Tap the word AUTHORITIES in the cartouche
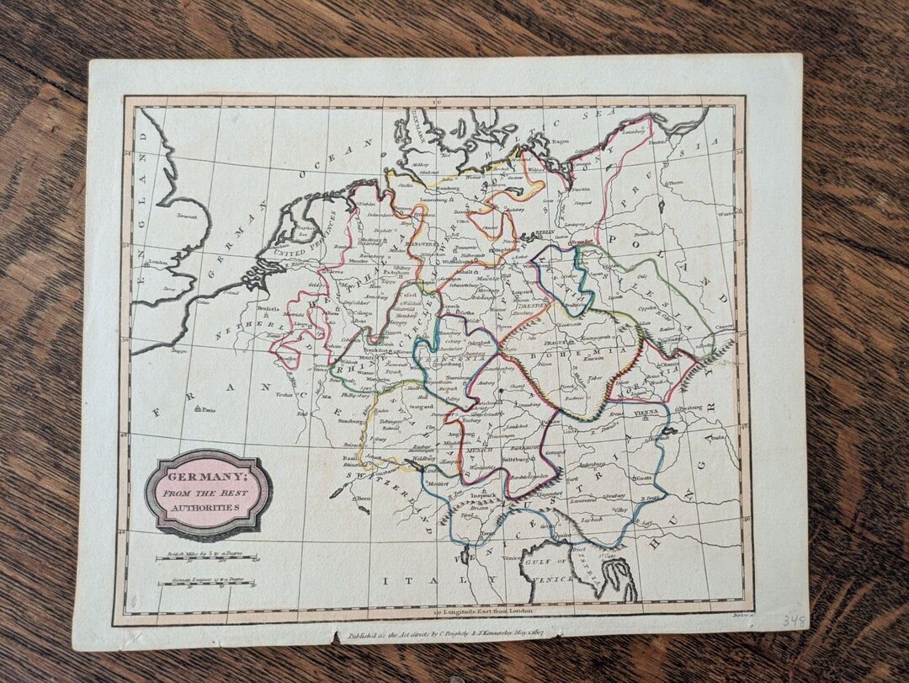(x=206, y=508)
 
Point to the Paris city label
(x=207, y=410)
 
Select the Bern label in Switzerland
(x=364, y=499)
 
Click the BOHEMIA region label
(x=601, y=353)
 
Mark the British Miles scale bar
(x=206, y=557)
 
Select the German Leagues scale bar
(x=206, y=583)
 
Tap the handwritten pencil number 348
(x=793, y=622)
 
